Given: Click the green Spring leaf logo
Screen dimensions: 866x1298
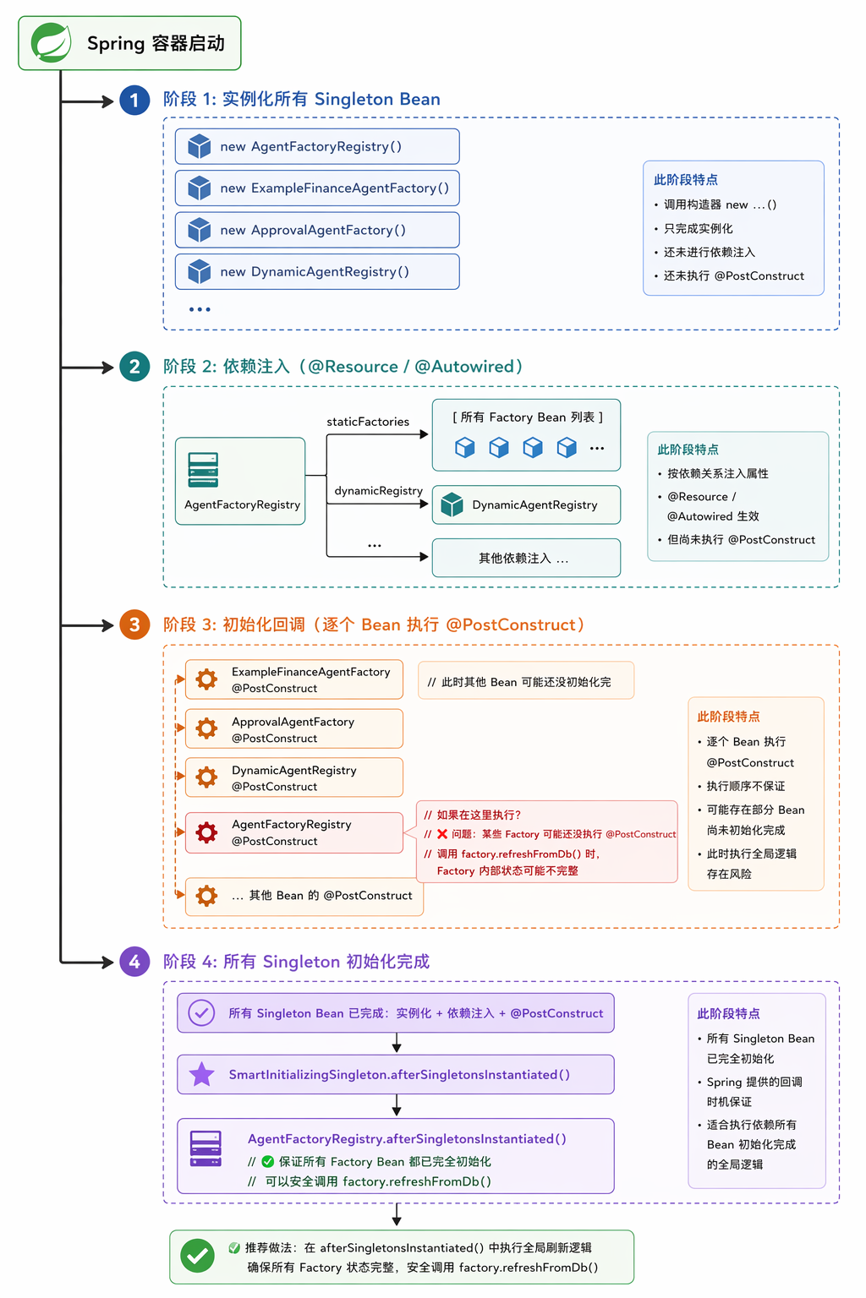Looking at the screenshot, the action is coord(51,43).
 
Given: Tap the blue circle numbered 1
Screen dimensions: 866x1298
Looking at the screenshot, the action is coord(134,101).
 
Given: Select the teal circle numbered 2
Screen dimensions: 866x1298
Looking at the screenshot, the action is coord(134,366).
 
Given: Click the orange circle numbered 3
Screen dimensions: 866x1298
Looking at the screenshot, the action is coord(134,624).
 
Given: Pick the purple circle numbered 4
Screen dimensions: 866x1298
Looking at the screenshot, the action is coord(134,962).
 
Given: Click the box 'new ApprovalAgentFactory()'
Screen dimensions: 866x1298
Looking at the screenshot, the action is coord(317,230).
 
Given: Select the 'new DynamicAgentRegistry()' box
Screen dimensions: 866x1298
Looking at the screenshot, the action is coord(317,272).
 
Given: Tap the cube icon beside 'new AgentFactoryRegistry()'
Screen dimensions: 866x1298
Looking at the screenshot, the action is coord(199,146).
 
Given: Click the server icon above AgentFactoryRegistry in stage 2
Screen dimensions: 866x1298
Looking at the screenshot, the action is coord(203,469).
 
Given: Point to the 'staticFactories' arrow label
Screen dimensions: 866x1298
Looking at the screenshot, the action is coord(368,422).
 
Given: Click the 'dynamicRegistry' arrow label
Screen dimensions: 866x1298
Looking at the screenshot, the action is coord(378,491).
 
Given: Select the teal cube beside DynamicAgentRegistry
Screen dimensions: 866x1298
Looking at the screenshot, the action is coord(452,504).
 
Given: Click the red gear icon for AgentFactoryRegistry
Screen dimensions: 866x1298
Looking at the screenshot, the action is coord(206,832).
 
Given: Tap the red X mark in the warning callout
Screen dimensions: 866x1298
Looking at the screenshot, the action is coord(442,834).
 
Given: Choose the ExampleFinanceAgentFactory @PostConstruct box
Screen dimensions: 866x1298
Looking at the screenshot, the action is coord(294,679).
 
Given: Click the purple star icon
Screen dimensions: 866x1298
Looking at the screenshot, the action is coord(202,1074).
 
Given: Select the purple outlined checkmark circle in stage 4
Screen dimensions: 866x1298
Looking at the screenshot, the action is coord(201,1013).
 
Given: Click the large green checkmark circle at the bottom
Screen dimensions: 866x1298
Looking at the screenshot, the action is coord(197,1257).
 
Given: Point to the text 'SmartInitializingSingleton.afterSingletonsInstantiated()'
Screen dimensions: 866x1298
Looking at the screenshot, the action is coord(399,1075).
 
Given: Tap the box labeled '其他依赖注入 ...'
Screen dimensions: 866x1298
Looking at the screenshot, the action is coord(526,558).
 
